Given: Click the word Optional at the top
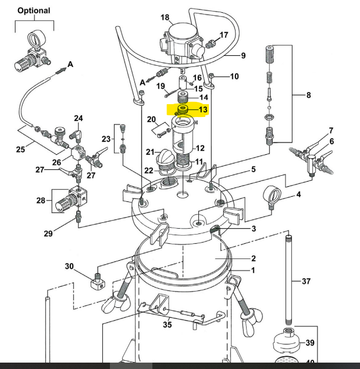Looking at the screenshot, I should tap(34, 10).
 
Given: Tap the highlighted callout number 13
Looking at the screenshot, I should tap(203, 109).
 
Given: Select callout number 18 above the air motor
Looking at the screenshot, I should tap(165, 17).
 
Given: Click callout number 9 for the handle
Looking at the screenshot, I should tap(244, 56).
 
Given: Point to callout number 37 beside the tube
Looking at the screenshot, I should tap(306, 281).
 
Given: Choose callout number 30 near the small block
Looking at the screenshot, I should tap(69, 267).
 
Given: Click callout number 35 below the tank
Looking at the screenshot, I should tap(167, 325).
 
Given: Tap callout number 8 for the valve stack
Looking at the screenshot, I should tap(308, 95).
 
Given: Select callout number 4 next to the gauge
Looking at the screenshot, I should tap(299, 194).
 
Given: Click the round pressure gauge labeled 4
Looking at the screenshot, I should tap(272, 194).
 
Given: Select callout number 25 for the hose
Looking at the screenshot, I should tap(20, 150).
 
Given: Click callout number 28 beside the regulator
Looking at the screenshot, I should tap(40, 201).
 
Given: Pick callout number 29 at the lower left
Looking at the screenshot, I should tap(48, 233).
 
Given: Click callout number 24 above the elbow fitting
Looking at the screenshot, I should tap(78, 119).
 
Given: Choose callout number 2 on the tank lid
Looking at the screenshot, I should tap(254, 258).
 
